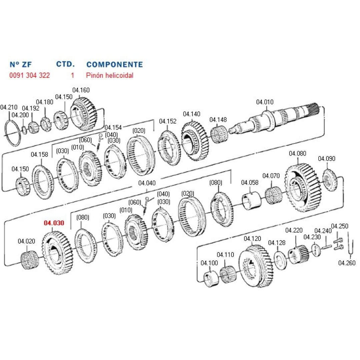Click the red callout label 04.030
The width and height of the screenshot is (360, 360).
pos(54,223)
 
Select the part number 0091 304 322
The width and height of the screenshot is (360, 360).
pos(30,75)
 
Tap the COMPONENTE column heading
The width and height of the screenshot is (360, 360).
pos(114,64)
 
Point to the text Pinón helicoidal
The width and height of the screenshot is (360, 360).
pos(109,75)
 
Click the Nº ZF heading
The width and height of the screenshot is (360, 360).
pos(21,64)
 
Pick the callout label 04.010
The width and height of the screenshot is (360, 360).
pos(265,102)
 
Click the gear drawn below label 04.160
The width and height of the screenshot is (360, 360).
pos(84,114)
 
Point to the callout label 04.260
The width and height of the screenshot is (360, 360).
pos(347,263)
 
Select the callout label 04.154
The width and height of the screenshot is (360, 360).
pos(113,127)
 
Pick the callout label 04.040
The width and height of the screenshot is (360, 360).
pos(147,183)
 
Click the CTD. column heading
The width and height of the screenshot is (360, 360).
pos(65,64)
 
